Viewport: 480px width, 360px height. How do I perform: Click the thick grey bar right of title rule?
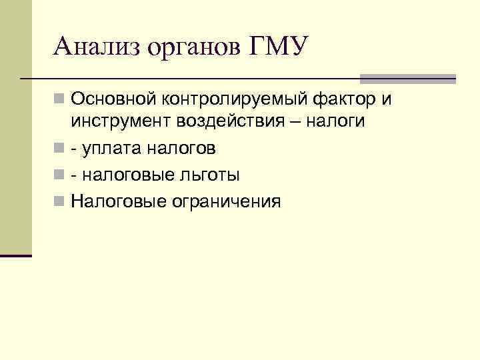tap(408, 79)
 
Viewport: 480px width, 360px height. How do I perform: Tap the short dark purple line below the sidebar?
tap(16, 255)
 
